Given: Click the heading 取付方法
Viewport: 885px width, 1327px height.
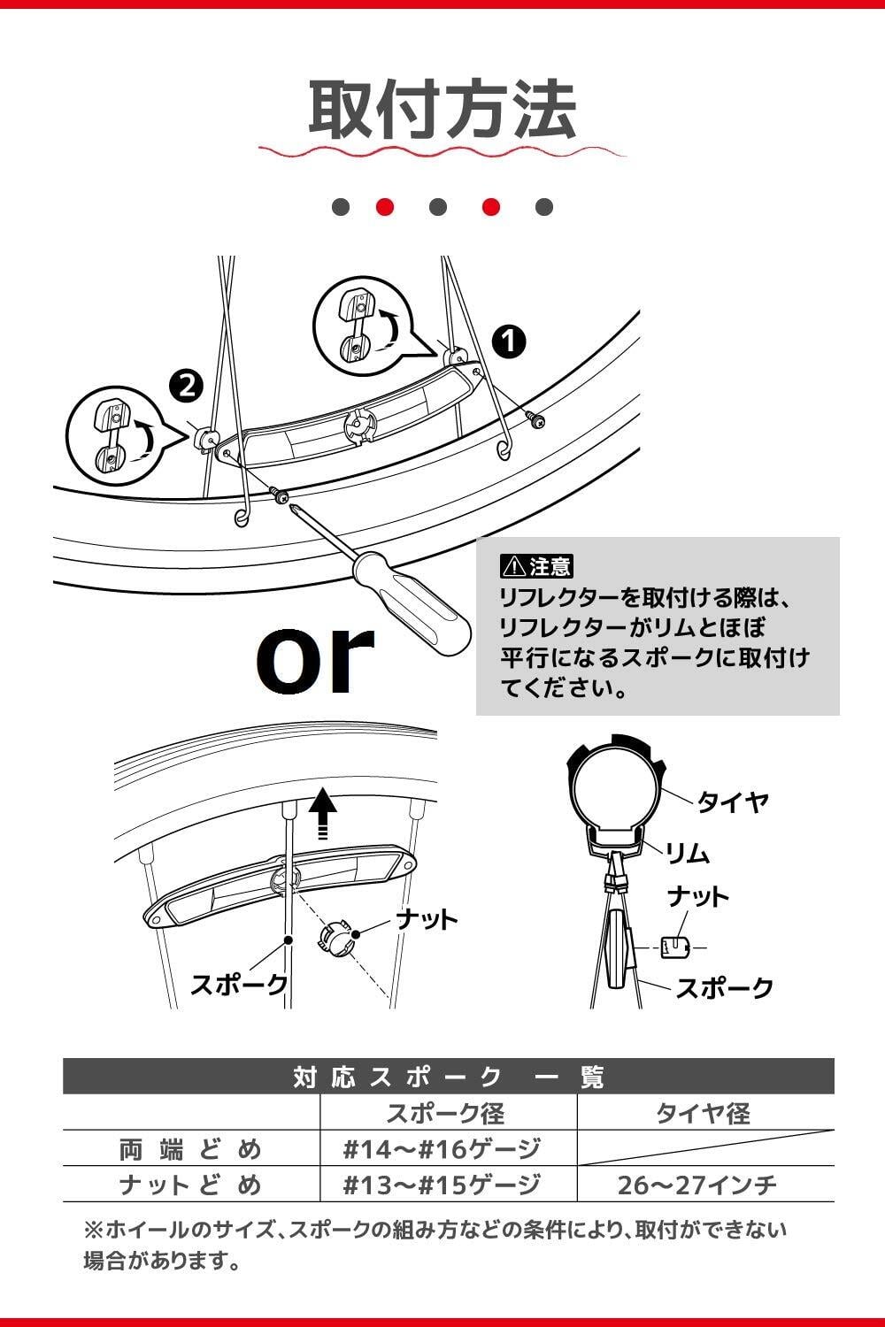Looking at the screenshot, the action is click(442, 110).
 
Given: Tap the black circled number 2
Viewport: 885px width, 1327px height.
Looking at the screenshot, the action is click(187, 385).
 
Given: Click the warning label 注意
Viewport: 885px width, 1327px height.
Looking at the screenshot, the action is click(538, 564).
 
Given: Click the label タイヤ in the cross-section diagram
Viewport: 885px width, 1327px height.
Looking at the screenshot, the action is click(733, 802).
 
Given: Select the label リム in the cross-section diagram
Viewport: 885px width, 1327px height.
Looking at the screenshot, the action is click(687, 853).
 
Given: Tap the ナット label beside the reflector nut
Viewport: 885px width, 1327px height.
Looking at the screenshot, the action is click(427, 919).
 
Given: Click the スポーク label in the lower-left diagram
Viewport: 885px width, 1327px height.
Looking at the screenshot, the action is click(238, 985).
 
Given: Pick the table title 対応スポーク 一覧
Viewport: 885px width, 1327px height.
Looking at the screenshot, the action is click(448, 1078).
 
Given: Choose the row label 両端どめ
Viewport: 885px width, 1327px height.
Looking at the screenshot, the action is click(190, 1149).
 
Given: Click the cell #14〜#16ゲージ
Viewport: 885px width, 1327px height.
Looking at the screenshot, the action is click(442, 1149).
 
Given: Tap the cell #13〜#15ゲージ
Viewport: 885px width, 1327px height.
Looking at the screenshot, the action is click(442, 1185).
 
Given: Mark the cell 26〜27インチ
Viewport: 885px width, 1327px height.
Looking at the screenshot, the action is click(697, 1185).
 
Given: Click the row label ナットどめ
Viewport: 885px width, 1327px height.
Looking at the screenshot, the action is click(190, 1185).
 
